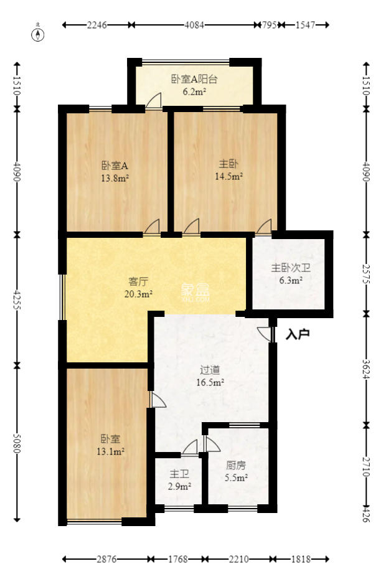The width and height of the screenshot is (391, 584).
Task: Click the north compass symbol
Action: click(39, 34)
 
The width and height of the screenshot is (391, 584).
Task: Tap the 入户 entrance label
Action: click(298, 334)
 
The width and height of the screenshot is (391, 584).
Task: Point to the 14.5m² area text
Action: click(227, 176)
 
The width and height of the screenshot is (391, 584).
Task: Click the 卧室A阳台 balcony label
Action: click(194, 79)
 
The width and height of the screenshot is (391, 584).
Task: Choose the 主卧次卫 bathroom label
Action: click(286, 269)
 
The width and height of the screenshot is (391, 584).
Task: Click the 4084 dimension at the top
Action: click(194, 25)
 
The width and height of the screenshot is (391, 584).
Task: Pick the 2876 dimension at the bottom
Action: click(106, 559)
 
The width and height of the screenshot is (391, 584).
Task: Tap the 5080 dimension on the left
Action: click(17, 443)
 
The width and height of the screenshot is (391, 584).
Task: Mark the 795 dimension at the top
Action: click(269, 25)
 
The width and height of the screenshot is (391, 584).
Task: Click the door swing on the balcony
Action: click(153, 101)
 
